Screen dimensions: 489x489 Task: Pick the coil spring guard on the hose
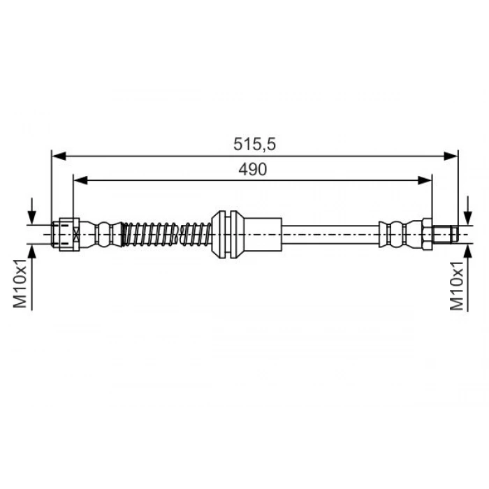tap(165, 233)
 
